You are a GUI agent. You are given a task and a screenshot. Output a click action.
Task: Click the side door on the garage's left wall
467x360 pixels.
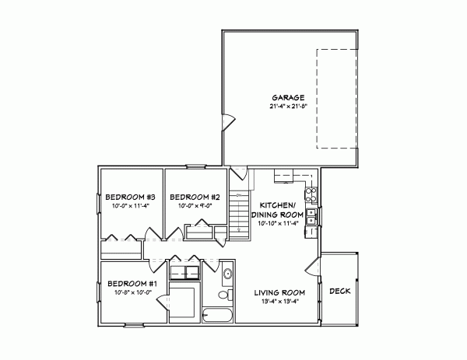(x=228, y=121)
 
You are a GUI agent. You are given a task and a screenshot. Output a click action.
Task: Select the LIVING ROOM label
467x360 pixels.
(x=279, y=292)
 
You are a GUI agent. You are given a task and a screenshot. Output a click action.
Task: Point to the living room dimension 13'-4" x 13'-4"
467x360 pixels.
(x=279, y=301)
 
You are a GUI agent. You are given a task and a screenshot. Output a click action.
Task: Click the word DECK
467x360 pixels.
(x=339, y=291)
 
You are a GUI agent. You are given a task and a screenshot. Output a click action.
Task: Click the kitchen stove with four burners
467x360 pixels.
(x=311, y=194)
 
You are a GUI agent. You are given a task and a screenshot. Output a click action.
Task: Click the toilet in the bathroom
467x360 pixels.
(x=224, y=295)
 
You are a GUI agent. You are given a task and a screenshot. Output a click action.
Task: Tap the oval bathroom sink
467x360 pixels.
(x=227, y=273)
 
